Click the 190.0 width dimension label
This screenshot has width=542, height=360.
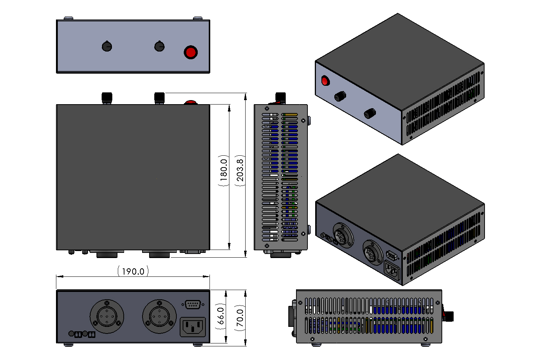133,271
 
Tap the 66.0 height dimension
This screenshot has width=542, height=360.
220,315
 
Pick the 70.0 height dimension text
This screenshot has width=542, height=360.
240,318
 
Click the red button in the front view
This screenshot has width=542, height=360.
191,52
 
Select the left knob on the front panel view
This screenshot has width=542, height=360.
107,46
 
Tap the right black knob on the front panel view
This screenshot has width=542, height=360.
159,46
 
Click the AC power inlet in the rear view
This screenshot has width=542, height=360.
193,327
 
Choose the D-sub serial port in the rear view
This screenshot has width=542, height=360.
192,304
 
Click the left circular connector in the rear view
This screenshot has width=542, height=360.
107,316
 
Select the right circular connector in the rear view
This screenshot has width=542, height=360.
159,316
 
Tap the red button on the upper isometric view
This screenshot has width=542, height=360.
325,81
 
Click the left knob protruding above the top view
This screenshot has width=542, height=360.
107,98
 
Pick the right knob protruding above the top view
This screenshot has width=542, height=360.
159,98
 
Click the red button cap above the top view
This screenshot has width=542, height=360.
190,102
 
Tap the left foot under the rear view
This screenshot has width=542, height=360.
68,345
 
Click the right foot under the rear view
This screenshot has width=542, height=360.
198,345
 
